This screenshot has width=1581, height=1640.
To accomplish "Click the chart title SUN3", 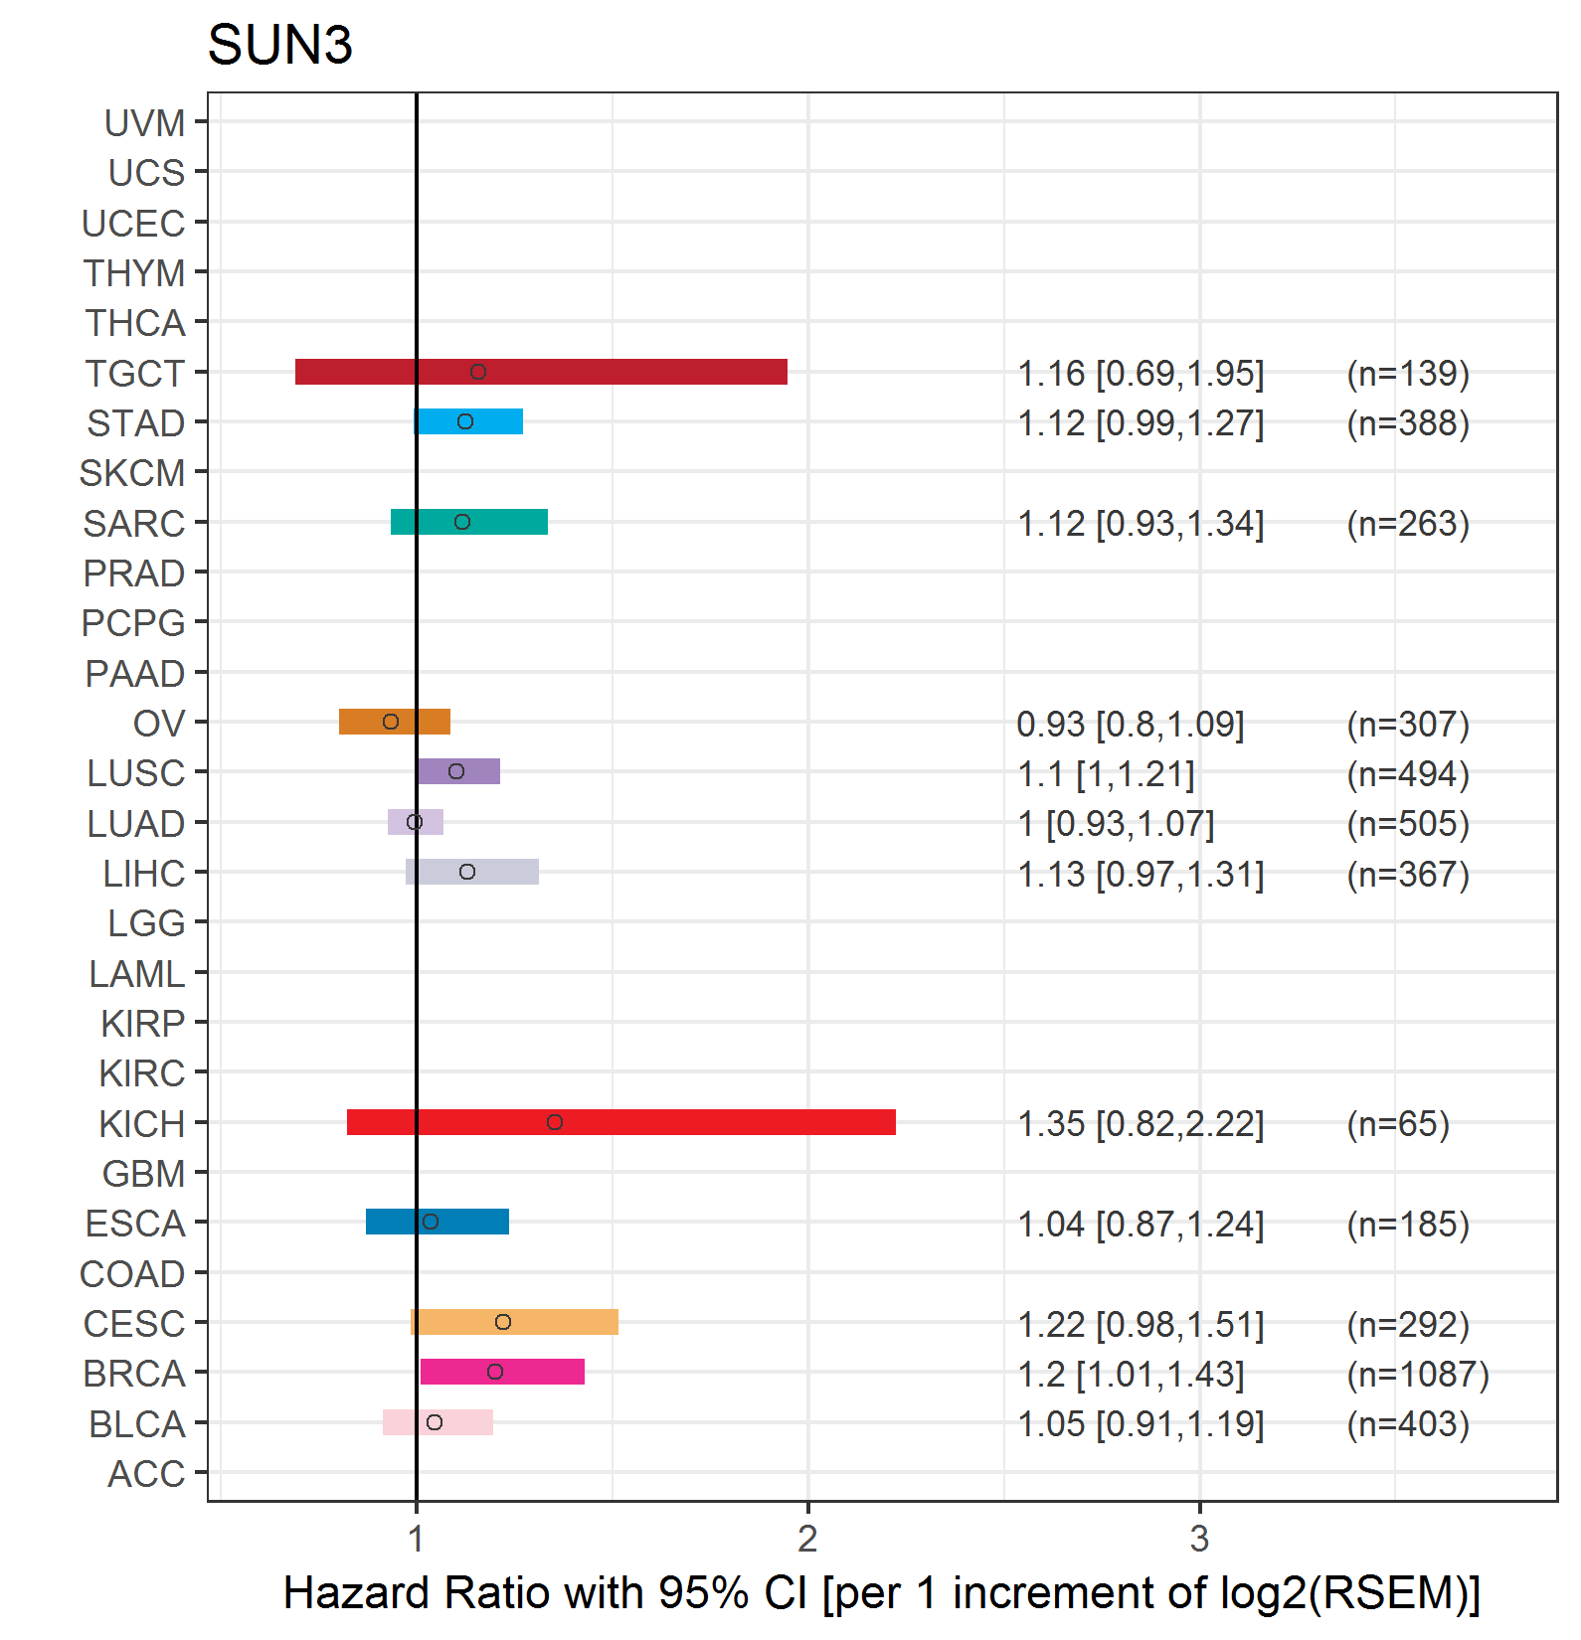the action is tap(279, 46).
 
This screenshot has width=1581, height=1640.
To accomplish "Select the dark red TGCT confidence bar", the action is tap(541, 372).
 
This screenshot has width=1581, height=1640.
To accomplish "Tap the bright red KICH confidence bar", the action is tap(621, 1122).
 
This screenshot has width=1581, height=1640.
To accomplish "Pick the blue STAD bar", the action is tap(468, 421).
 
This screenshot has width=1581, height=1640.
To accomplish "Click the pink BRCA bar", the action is tap(502, 1372).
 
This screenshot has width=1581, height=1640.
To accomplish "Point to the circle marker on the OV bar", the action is tap(391, 722).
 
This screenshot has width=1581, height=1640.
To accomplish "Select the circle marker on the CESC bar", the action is tap(503, 1322).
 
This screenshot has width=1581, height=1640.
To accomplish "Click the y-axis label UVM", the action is tap(145, 123).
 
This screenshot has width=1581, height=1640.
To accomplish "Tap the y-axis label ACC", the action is tap(146, 1474).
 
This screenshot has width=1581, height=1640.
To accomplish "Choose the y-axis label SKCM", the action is tap(132, 473).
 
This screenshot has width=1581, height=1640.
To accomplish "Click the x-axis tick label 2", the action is tap(807, 1539).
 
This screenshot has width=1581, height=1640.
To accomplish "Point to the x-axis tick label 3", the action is tap(1199, 1539).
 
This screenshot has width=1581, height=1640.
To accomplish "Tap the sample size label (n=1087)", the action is tap(1418, 1374).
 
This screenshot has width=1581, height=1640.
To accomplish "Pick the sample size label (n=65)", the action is tap(1398, 1124).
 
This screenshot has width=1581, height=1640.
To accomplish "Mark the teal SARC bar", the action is tap(469, 522).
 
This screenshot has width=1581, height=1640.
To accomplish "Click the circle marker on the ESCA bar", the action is tap(431, 1222).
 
